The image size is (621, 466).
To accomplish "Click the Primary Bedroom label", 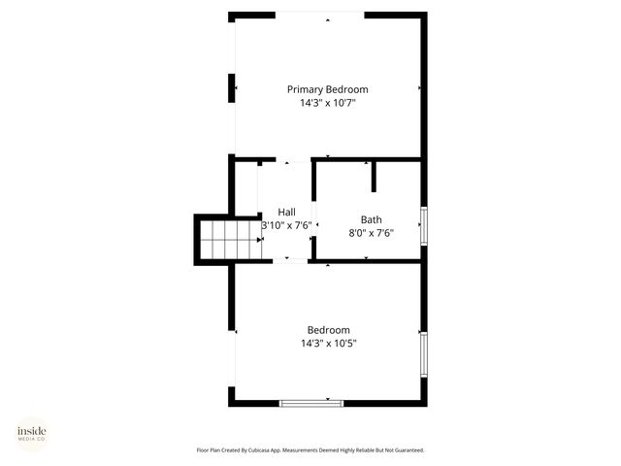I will coord(327,89).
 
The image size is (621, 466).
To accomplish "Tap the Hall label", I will coord(286,212).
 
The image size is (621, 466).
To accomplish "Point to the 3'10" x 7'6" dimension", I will coord(286,225).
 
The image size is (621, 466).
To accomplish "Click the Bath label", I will coord(371,219).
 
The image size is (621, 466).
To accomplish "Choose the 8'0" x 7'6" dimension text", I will coord(371,233).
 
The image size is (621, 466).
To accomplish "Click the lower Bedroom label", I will coord(328,330).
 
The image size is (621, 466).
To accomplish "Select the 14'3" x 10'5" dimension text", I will coord(328,343).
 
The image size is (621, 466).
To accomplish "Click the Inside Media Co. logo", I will coord(31,433).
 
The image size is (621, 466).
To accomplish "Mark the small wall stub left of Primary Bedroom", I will coord(233,88).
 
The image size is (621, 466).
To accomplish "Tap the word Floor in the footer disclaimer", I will coord(203,450).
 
